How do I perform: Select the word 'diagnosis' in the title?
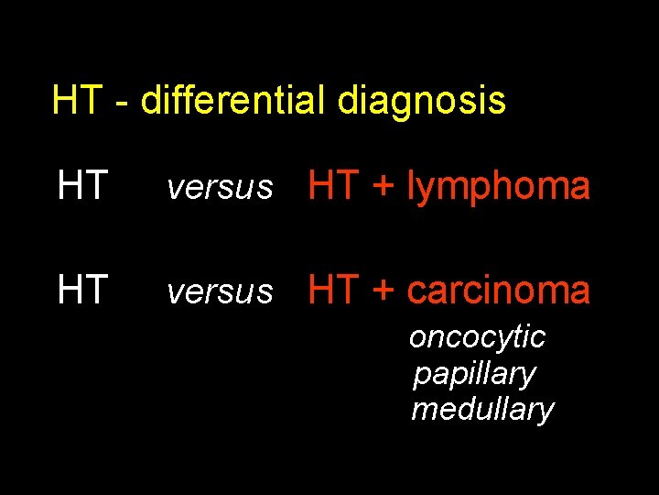(421, 101)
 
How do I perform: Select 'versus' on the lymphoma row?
(219, 189)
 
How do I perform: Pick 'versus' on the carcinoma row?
(219, 292)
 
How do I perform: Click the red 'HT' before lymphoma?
(332, 186)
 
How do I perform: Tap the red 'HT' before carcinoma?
(332, 290)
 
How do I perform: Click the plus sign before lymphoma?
(382, 188)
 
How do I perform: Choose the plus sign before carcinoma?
(382, 291)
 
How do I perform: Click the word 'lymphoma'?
(499, 188)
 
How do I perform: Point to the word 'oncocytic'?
(477, 338)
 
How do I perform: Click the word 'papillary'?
(474, 375)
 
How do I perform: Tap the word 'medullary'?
(482, 410)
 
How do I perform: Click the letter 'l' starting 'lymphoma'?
(411, 186)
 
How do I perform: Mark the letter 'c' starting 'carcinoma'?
(416, 292)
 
